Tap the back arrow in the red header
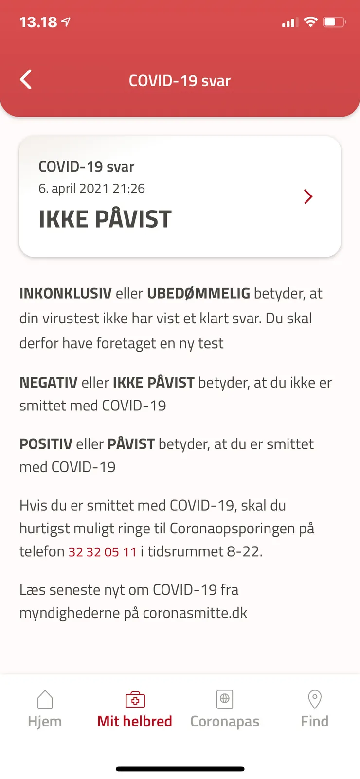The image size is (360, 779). (26, 80)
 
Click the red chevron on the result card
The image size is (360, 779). (308, 196)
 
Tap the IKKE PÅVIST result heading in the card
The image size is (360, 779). (105, 219)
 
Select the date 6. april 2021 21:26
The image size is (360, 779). (91, 189)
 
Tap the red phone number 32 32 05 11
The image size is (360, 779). (102, 552)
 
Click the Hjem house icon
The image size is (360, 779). (45, 700)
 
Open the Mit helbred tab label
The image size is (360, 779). (135, 721)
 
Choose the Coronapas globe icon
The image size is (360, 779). (225, 699)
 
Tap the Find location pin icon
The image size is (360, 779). (315, 699)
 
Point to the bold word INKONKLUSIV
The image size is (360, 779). (65, 294)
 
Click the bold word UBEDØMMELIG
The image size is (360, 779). (198, 294)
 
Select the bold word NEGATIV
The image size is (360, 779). (48, 383)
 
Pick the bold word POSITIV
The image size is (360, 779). (46, 444)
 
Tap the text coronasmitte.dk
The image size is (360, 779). (195, 613)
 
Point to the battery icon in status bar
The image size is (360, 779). (334, 22)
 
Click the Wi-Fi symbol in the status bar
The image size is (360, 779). (310, 22)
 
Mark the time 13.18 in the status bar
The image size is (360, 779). (38, 22)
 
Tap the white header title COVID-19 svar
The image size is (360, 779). (180, 81)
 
